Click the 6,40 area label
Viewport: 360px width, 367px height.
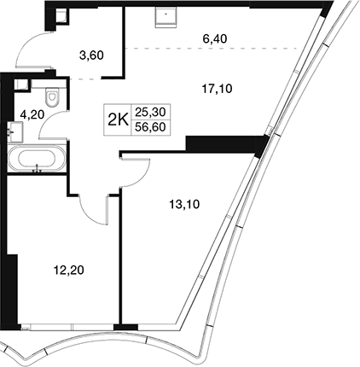(215, 38)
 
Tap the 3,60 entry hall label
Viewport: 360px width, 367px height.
(91, 55)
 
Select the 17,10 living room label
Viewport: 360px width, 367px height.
(217, 90)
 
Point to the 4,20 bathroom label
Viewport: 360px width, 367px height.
(32, 114)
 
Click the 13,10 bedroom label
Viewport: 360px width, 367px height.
(184, 204)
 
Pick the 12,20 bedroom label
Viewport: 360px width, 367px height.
(69, 270)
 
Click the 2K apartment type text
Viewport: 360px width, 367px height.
(118, 120)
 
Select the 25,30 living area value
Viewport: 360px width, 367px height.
(150, 112)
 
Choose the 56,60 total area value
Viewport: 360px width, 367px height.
(150, 127)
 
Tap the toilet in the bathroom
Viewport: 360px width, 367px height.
(52, 96)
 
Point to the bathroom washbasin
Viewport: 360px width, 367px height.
(15, 131)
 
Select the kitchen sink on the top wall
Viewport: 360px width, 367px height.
(166, 17)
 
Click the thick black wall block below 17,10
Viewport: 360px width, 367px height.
(224, 145)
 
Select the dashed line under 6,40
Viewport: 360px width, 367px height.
(211, 49)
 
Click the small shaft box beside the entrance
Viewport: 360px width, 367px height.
(61, 16)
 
